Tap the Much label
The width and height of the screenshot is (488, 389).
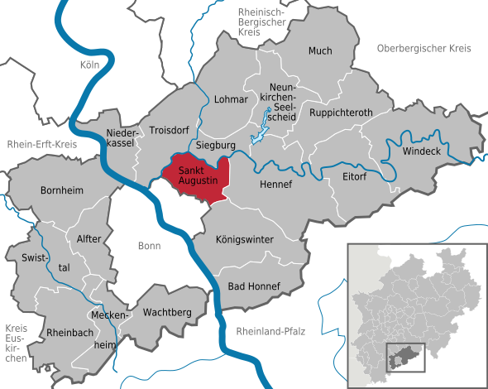click(320, 50)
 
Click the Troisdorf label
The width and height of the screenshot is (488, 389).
click(170, 130)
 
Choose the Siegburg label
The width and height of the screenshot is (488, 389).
click(217, 144)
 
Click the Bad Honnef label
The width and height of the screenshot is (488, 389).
click(254, 286)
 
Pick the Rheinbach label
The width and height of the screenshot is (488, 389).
click(49, 334)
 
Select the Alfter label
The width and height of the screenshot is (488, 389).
click(89, 238)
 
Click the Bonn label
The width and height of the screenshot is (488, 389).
click(150, 246)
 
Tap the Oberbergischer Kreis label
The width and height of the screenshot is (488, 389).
click(423, 49)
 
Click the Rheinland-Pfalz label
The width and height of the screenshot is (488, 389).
click(270, 331)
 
